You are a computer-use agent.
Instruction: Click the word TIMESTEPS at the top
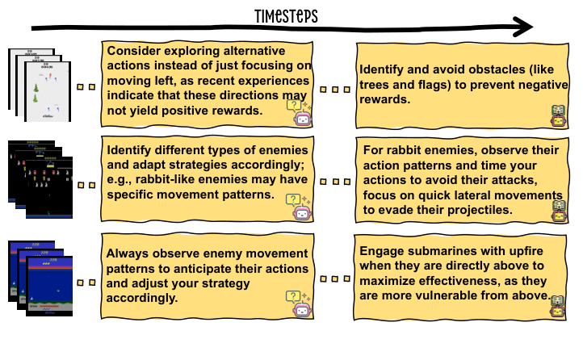[x=285, y=15]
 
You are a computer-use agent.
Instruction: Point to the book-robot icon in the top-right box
[x=557, y=114]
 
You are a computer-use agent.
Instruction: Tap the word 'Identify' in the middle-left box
[x=129, y=149]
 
